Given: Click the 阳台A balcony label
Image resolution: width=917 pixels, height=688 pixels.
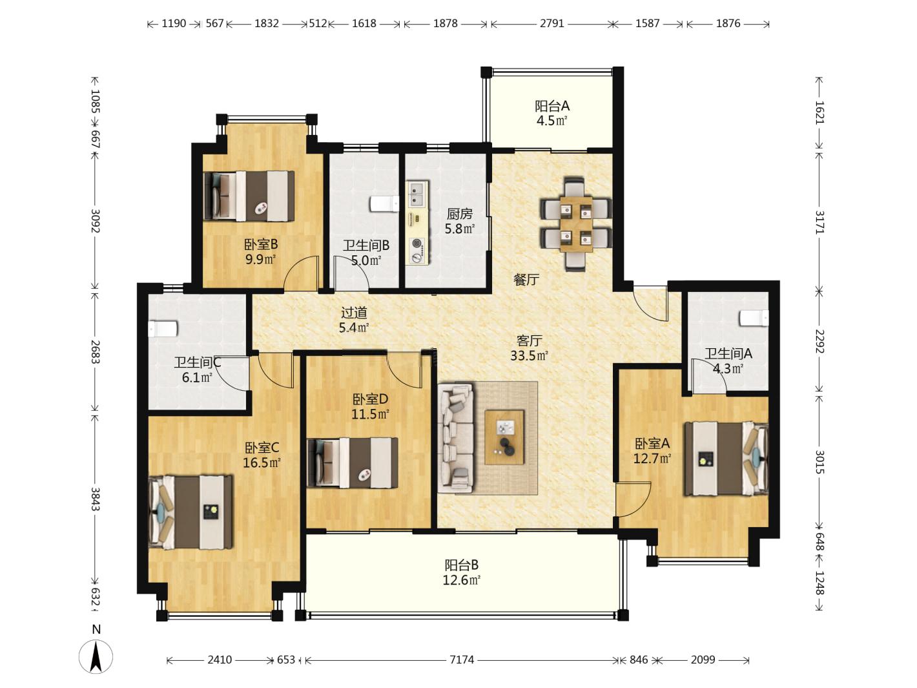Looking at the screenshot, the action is [552, 106].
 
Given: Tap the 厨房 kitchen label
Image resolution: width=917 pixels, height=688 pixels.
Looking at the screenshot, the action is [460, 214].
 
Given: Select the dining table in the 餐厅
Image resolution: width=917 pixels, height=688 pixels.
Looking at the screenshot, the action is [576, 225].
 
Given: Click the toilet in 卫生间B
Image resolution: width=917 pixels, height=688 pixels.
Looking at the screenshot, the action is [384, 204].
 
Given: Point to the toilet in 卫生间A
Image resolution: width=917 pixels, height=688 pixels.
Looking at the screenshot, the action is [754, 318].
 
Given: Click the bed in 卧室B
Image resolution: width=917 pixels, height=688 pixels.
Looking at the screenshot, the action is [249, 196].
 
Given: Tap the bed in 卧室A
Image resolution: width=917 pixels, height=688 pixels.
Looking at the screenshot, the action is [726, 459].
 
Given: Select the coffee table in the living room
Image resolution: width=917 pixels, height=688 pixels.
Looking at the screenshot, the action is [504, 437].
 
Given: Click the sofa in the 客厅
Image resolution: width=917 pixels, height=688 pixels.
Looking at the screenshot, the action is [456, 438].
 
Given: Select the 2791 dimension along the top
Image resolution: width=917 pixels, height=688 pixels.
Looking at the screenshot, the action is [552, 23].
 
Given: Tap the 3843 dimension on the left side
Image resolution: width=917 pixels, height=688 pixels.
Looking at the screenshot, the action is [96, 499].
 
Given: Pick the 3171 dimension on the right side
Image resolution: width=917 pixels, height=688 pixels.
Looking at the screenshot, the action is [819, 222].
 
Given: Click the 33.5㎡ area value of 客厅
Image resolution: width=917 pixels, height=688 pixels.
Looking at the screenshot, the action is [530, 355].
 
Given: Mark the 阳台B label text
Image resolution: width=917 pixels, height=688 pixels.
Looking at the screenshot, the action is [461, 565].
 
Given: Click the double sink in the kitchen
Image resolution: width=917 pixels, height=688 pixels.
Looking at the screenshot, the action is [418, 194].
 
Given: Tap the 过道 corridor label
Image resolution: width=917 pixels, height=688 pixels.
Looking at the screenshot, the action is [354, 313].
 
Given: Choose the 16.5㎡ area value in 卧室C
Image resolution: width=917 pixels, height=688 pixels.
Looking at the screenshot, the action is [262, 463].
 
